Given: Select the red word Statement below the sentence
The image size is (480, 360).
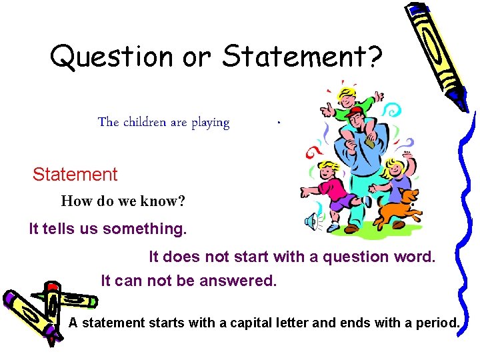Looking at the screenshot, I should (75, 175).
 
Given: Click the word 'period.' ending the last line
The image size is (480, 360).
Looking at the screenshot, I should (437, 323).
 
